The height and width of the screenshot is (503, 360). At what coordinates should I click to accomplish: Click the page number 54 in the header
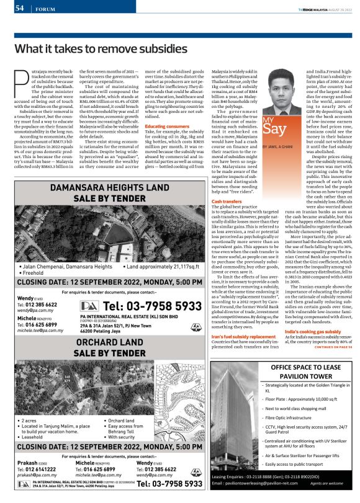click(x=19, y=8)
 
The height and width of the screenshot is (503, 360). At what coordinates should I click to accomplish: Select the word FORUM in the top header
click(x=45, y=9)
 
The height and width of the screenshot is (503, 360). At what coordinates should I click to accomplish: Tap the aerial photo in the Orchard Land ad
click(x=109, y=394)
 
